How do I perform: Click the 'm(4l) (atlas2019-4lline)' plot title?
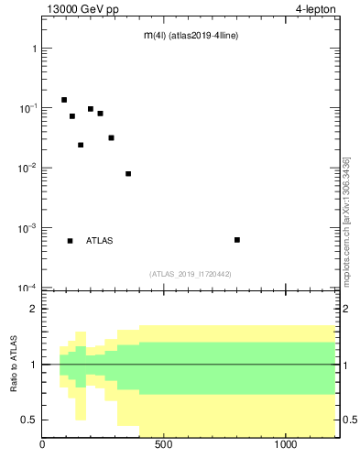coord(191,35)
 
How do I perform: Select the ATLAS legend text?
coord(100,241)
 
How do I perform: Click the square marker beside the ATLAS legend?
coord(71,241)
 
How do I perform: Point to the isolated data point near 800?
coord(237,240)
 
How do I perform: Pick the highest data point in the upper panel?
coord(64,100)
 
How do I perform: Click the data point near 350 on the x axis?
coord(128,173)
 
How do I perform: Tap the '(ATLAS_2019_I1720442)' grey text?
coord(191,274)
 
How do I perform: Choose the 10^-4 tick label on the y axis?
coord(26,288)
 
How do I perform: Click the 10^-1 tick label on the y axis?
coord(26,108)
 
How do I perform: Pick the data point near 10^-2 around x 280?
coord(111,137)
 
